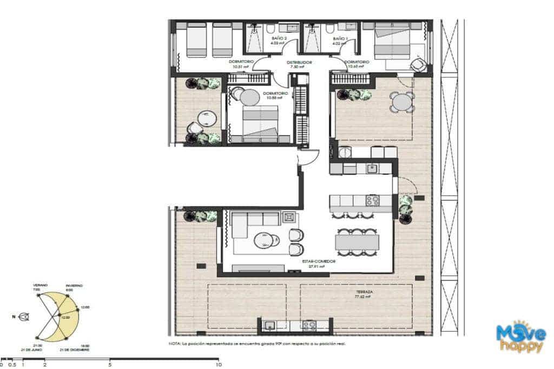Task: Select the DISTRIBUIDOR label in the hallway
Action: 300,62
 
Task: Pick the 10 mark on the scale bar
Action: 218,365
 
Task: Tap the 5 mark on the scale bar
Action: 110,365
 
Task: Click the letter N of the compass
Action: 13,317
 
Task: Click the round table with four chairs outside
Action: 403,102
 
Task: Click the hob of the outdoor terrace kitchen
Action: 309,325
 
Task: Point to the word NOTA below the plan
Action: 174,343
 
